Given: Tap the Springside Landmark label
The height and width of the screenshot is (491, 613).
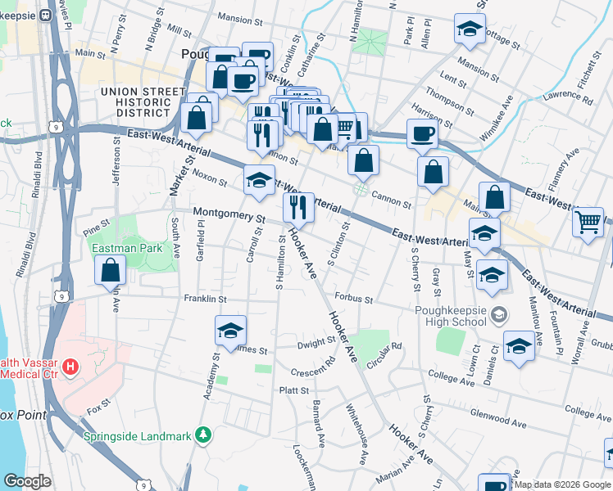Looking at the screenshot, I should tap(137, 435).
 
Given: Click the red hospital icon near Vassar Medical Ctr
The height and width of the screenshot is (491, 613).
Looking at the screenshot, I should tap(71, 366).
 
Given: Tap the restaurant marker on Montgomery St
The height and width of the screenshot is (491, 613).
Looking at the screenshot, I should tap(298, 208).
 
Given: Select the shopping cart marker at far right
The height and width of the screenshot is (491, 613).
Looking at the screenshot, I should tap(588, 222).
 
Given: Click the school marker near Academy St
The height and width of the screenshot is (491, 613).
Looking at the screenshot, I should tap(230, 331).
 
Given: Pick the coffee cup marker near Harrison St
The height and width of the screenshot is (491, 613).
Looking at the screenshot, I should tap(422, 133).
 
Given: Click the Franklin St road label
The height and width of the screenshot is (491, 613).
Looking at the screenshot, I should tap(204, 299).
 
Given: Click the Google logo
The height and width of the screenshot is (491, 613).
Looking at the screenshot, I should tap(27, 480).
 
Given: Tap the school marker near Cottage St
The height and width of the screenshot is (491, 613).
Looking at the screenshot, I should tap(469, 30).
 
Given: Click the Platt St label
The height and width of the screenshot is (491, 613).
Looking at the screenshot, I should tap(293, 391).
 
